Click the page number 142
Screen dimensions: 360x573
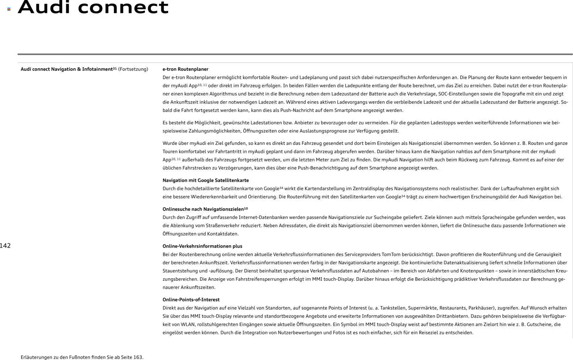[5, 246]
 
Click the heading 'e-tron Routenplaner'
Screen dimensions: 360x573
[185, 69]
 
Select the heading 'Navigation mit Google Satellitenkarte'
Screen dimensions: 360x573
[206, 181]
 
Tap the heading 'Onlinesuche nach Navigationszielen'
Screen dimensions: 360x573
[203, 209]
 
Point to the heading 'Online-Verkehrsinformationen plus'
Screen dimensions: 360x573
[202, 246]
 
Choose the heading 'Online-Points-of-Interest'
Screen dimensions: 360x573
[191, 300]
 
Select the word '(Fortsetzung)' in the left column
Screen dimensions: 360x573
[133, 69]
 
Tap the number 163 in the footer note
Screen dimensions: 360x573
[138, 357]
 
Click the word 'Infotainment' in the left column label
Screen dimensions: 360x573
[97, 69]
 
